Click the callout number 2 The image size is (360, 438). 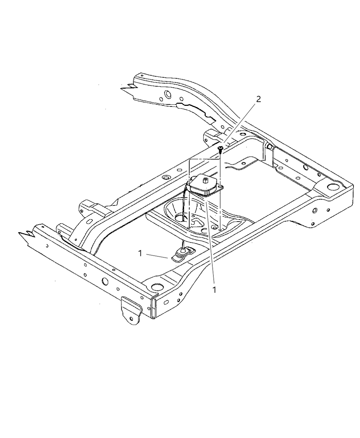(258, 99)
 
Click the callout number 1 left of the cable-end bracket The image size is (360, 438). (140, 253)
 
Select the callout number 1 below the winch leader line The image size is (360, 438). (214, 290)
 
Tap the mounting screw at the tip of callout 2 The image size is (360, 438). (221, 149)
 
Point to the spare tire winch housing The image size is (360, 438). (204, 186)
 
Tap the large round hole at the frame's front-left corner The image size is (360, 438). (157, 286)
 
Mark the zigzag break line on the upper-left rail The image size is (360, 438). (128, 88)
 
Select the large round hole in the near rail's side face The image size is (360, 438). (105, 281)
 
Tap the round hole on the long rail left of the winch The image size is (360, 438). (166, 178)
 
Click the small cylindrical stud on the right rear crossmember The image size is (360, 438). (270, 147)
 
